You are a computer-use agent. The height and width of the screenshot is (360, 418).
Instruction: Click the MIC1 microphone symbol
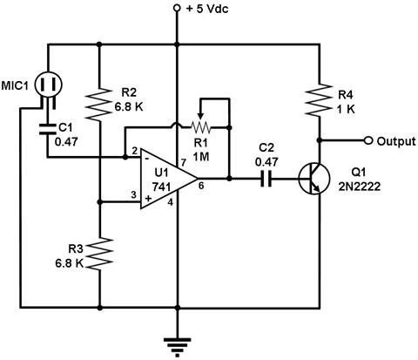click(x=49, y=85)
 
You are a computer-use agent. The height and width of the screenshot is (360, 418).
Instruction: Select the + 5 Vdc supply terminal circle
click(x=177, y=8)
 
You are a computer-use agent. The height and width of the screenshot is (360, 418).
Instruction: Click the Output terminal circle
click(x=368, y=140)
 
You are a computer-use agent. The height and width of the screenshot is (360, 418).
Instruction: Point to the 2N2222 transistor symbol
click(x=314, y=179)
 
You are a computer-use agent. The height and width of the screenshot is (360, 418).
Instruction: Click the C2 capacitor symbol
click(x=266, y=179)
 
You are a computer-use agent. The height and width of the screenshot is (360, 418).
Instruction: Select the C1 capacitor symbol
click(x=47, y=129)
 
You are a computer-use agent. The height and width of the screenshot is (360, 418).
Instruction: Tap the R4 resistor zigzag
click(x=320, y=100)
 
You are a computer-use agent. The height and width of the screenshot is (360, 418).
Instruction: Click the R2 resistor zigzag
click(x=99, y=104)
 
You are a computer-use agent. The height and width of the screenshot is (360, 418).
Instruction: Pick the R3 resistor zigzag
click(x=99, y=254)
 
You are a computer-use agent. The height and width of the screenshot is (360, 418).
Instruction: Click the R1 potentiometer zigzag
click(x=200, y=127)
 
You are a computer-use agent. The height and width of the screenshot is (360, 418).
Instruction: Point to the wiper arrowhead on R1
click(x=200, y=116)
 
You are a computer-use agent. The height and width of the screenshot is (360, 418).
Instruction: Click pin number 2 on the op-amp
click(x=134, y=151)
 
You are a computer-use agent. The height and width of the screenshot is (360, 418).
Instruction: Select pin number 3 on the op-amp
click(x=133, y=194)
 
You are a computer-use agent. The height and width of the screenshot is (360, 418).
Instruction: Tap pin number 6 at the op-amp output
click(x=201, y=186)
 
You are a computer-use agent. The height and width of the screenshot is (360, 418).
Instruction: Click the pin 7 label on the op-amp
click(x=183, y=163)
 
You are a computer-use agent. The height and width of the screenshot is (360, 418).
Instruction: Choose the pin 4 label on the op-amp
click(x=171, y=202)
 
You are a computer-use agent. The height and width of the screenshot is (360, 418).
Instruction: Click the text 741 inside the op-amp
click(x=162, y=187)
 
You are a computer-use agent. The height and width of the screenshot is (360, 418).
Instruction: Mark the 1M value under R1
click(x=201, y=157)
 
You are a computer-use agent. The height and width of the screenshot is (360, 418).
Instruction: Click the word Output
click(x=396, y=141)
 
